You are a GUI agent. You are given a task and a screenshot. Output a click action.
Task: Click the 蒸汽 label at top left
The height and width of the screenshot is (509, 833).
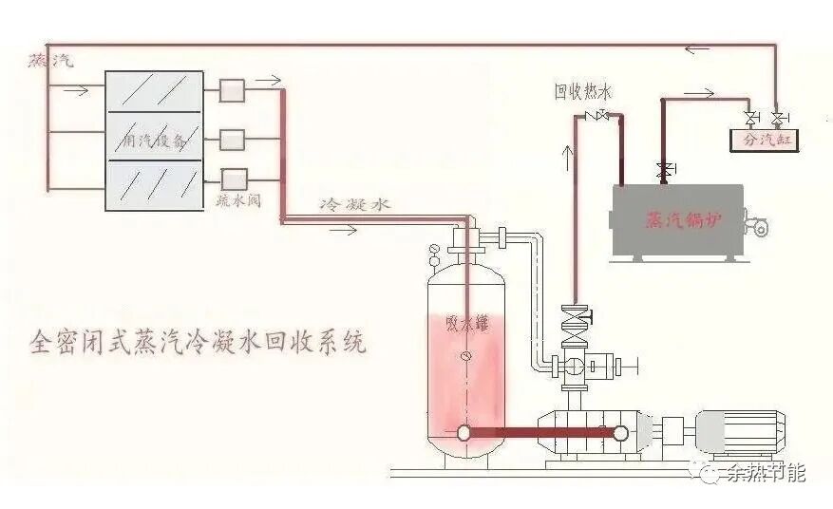50,60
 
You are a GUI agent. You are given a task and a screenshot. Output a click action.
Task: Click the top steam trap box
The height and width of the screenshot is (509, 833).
233,91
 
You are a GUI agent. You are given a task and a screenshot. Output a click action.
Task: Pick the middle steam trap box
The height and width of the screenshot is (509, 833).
233,140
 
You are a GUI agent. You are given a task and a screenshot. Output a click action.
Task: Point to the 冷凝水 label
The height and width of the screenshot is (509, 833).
353,204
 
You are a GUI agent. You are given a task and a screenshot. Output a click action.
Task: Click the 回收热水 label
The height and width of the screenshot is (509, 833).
583,92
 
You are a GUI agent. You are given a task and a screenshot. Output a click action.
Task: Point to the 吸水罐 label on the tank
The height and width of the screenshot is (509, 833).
464,322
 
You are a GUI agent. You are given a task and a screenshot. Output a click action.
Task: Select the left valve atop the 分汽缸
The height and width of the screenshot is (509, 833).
752,120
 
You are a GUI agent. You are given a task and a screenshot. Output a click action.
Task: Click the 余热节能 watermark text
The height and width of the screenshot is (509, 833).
765,472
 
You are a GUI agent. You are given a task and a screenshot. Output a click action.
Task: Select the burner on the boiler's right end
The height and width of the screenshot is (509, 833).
757,227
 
